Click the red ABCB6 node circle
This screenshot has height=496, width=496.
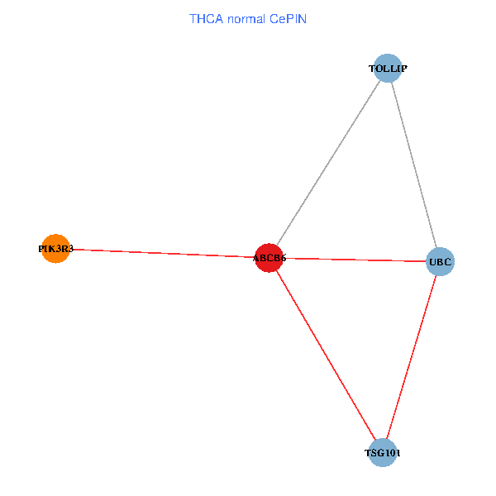tap(269, 258)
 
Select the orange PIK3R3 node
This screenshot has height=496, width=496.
tap(55, 248)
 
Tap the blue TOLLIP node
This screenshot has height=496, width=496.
tap(388, 68)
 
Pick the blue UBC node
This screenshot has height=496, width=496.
tap(440, 262)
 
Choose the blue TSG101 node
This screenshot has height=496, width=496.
tap(383, 453)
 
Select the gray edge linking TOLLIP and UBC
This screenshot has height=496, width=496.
tap(413, 165)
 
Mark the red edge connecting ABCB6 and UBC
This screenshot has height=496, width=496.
tap(355, 260)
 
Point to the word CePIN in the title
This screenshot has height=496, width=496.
tap(289, 18)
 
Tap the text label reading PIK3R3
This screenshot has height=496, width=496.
tap(56, 248)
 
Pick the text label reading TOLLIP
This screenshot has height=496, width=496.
tap(388, 69)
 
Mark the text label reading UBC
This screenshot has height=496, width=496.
tap(440, 263)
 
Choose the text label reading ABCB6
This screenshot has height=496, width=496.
tap(269, 259)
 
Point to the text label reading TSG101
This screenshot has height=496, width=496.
tap(383, 454)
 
